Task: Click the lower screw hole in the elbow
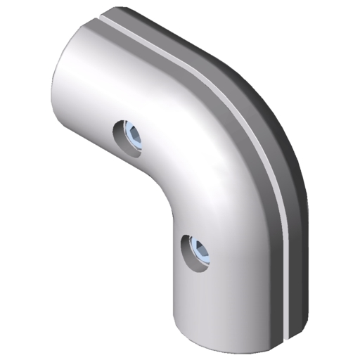(x=195, y=251)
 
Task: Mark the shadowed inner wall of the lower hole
(x=188, y=250)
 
